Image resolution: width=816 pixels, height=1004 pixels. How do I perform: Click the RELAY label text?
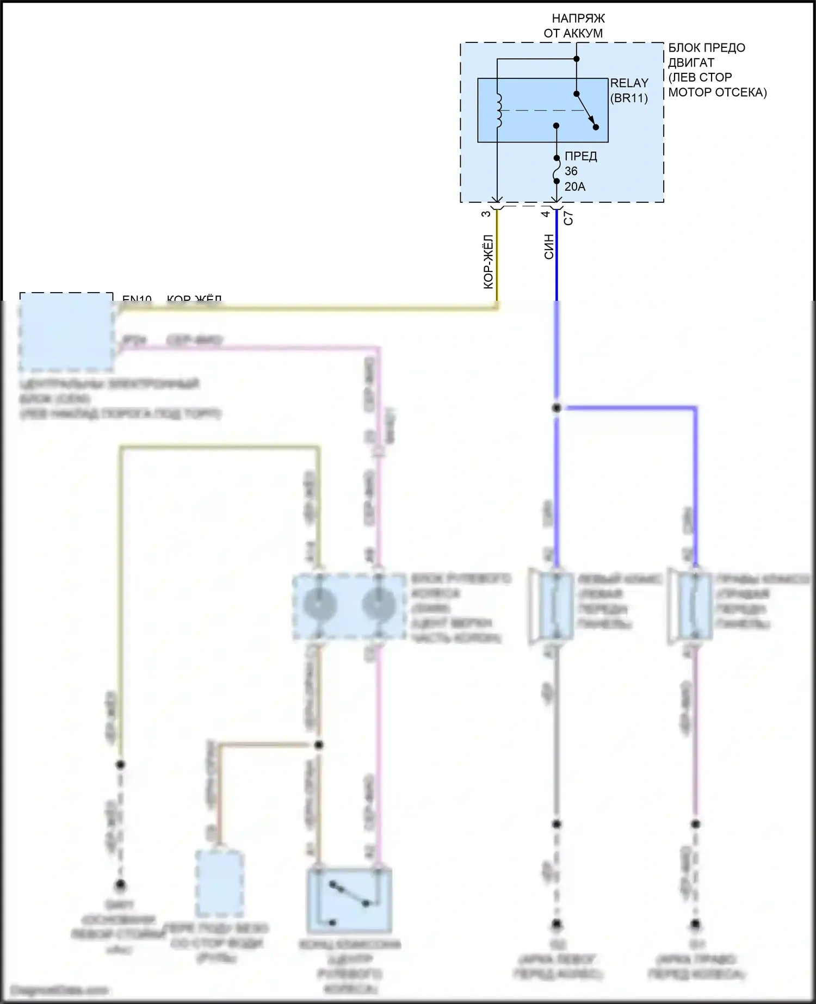[x=629, y=83]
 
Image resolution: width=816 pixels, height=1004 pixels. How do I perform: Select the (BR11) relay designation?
[x=629, y=98]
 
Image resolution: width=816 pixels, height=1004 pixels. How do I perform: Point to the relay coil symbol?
[x=498, y=111]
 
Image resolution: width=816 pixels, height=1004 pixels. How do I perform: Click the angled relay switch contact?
[x=586, y=110]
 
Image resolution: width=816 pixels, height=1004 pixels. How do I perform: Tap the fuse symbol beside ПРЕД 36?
[x=557, y=169]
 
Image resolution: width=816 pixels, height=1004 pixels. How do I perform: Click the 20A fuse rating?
[x=574, y=187]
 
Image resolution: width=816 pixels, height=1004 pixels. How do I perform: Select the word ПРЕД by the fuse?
[x=580, y=157]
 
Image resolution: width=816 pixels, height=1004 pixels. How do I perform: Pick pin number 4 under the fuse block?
[x=546, y=213]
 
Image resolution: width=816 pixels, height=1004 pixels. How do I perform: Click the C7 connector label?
[x=568, y=218]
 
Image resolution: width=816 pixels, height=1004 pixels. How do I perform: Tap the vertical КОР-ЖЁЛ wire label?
[x=489, y=262]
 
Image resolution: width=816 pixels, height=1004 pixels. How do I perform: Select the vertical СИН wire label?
[x=549, y=246]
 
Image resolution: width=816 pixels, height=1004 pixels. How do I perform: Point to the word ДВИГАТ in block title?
[x=691, y=63]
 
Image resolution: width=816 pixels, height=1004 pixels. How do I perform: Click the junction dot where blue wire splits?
[x=557, y=407]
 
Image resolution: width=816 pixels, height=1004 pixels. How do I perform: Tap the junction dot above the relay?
[x=577, y=59]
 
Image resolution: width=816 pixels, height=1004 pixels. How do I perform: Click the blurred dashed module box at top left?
[x=66, y=331]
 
